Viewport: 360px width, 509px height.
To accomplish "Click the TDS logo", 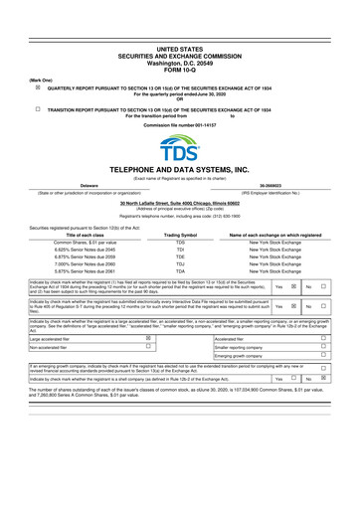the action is [x=180, y=149].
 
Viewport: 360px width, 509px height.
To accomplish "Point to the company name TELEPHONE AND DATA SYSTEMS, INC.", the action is [x=180, y=171].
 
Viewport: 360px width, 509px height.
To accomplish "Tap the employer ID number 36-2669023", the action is [x=271, y=185].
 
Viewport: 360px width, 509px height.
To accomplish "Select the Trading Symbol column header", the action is [x=180, y=235].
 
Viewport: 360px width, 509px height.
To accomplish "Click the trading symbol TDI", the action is [x=180, y=249].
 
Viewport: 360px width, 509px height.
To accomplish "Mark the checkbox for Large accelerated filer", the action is [x=148, y=339].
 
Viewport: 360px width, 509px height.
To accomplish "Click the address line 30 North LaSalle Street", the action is [x=180, y=203].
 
